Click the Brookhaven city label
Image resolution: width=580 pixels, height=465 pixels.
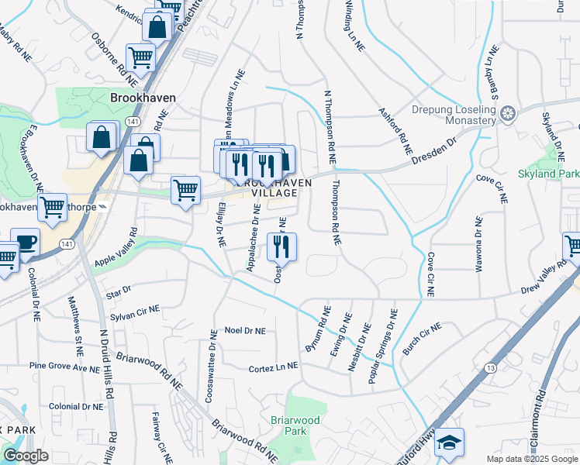click(143, 98)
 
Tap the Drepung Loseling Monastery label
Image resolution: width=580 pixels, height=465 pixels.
click(454, 115)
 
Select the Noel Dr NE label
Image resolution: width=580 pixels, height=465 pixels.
click(244, 331)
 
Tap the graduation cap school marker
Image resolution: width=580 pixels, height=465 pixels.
click(449, 442)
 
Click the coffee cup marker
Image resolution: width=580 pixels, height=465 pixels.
click(25, 241)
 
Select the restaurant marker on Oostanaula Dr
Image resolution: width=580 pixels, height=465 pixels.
click(281, 246)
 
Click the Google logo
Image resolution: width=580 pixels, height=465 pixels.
click(26, 456)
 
